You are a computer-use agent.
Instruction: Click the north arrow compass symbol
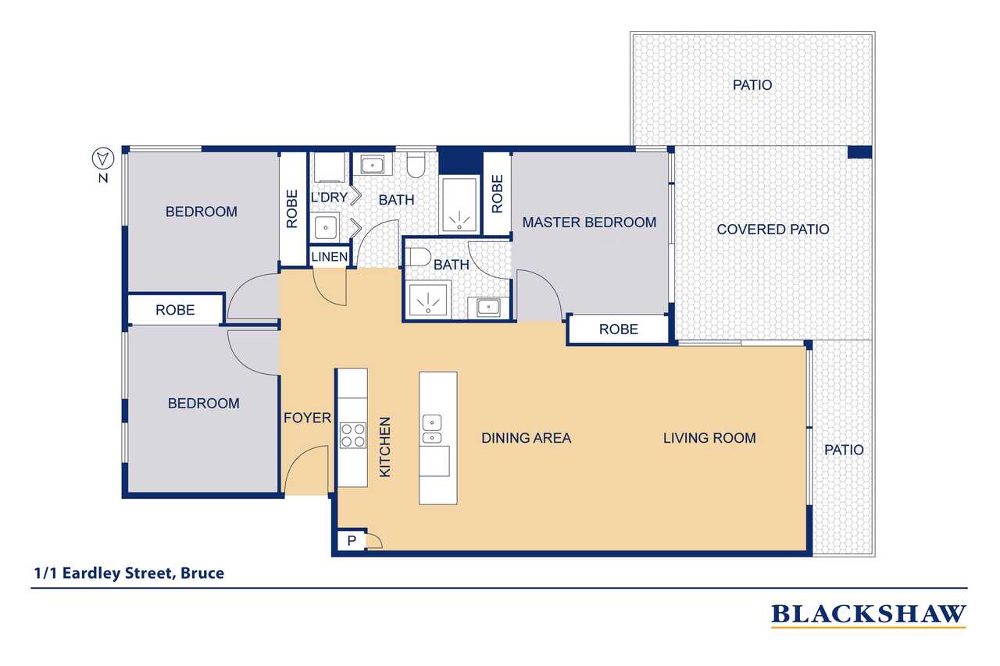(103, 158)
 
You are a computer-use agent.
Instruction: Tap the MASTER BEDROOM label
(589, 223)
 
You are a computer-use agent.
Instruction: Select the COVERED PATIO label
(773, 230)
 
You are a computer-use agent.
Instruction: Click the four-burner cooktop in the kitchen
(352, 435)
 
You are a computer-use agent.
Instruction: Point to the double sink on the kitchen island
(432, 429)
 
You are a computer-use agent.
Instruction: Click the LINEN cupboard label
(330, 257)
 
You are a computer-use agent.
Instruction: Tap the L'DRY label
(329, 198)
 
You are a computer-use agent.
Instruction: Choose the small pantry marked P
(352, 540)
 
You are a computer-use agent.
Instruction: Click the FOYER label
(307, 418)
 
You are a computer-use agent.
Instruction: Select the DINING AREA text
(526, 437)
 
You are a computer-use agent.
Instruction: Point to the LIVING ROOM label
(709, 437)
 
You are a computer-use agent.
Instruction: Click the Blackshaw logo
(868, 615)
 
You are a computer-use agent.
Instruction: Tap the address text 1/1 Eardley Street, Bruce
(129, 573)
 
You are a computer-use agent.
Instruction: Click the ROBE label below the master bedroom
(618, 329)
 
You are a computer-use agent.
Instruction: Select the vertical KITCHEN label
(384, 447)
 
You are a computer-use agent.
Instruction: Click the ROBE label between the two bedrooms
(175, 310)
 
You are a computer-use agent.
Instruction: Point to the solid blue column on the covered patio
(859, 152)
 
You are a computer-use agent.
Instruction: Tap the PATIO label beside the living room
(844, 450)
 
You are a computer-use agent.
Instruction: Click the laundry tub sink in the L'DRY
(326, 227)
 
